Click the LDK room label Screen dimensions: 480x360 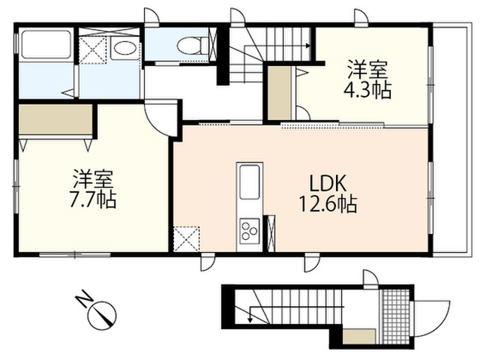(328, 184)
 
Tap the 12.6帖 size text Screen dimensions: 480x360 (328, 204)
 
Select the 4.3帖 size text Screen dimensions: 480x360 (367, 90)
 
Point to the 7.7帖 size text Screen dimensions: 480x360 (93, 199)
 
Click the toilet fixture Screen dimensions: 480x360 (193, 45)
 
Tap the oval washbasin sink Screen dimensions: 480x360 (124, 48)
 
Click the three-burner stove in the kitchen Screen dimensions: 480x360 (250, 231)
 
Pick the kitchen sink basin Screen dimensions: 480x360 (250, 181)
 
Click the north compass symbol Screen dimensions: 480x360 (102, 315)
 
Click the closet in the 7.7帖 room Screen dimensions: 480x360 (55, 119)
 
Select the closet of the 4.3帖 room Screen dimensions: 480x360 (280, 93)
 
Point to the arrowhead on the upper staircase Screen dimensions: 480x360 (308, 46)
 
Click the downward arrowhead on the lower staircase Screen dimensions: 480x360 (250, 319)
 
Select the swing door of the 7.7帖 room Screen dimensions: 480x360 (160, 119)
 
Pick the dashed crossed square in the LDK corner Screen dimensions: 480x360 (187, 238)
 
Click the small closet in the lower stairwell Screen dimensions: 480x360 (358, 336)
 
